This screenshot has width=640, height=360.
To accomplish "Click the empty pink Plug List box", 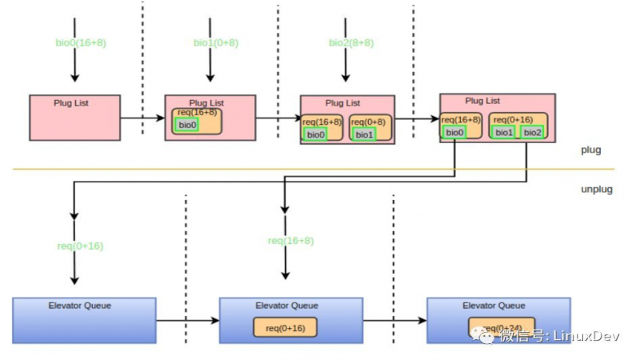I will (x=75, y=117).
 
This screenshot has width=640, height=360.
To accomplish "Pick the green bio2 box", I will (x=532, y=132).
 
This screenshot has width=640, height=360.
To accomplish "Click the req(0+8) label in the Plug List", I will (x=369, y=122).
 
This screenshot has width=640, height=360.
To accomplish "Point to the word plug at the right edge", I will (x=591, y=150).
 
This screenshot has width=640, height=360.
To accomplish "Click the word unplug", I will (x=595, y=189).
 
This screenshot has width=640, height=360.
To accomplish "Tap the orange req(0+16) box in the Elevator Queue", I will (x=285, y=328).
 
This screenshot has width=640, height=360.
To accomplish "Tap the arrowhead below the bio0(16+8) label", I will (x=74, y=78).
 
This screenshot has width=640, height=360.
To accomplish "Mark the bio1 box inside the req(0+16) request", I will (x=503, y=132).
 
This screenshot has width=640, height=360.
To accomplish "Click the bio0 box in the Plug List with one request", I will (x=187, y=125).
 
